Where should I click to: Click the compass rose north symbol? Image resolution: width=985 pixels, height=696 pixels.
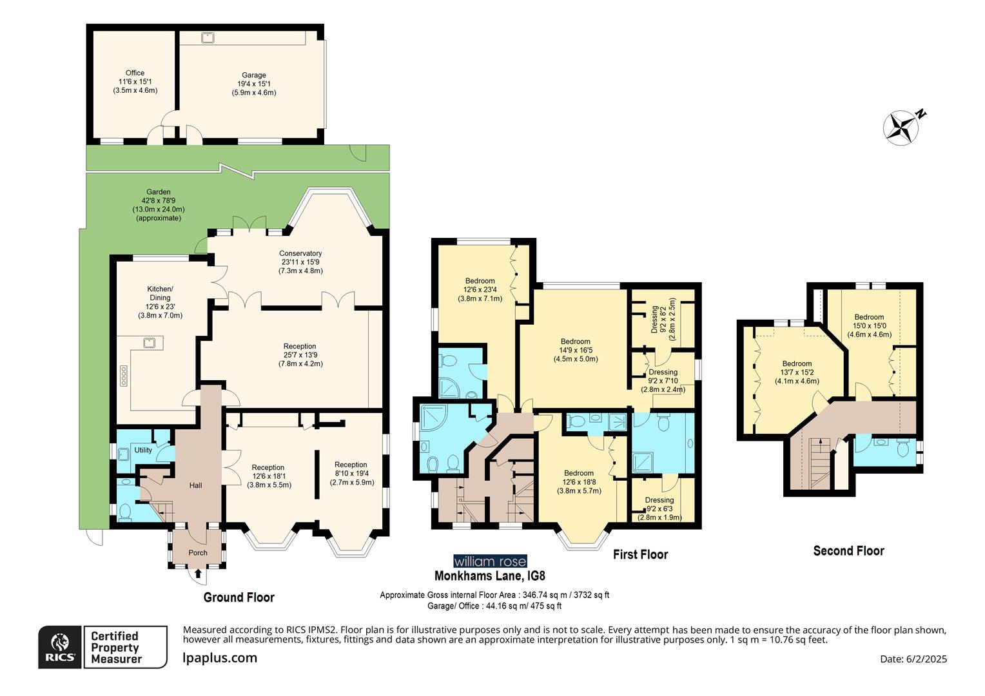coord(902,125)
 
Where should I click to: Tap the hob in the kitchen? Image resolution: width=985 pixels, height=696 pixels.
coord(123,376)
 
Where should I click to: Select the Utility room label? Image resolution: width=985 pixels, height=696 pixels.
coord(143,450)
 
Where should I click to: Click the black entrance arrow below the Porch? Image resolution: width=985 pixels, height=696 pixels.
coord(198,572)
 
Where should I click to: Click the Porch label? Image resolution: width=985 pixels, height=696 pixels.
coord(198,553)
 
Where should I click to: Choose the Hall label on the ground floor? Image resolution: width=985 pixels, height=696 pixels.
coord(195,485)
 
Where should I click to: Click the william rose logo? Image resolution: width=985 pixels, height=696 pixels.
coord(490,561)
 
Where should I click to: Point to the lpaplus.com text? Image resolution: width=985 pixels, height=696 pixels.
coord(220,658)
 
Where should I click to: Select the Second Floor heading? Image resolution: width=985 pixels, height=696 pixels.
coord(848,551)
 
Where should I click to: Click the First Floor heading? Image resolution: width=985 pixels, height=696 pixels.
coord(640,555)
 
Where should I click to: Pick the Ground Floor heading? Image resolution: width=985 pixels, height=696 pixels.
coord(239,597)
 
